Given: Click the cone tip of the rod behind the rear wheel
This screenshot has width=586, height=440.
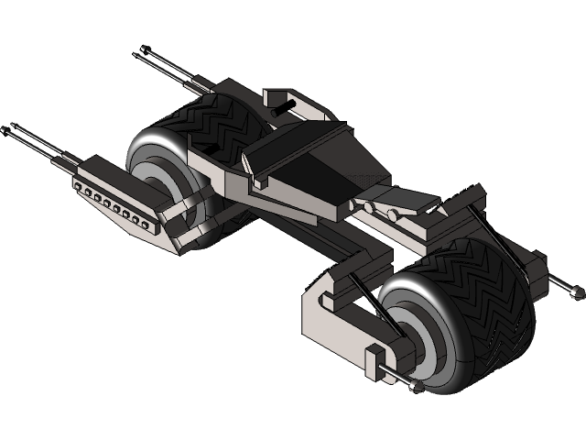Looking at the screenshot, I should click(x=578, y=294).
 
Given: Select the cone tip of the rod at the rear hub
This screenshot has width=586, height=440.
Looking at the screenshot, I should click(x=417, y=388).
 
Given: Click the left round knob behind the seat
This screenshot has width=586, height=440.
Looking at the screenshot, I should click(x=369, y=209).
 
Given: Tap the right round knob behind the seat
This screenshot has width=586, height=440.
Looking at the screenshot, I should click(x=392, y=215).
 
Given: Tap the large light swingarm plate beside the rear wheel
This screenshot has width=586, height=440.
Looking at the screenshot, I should click(x=334, y=316).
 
